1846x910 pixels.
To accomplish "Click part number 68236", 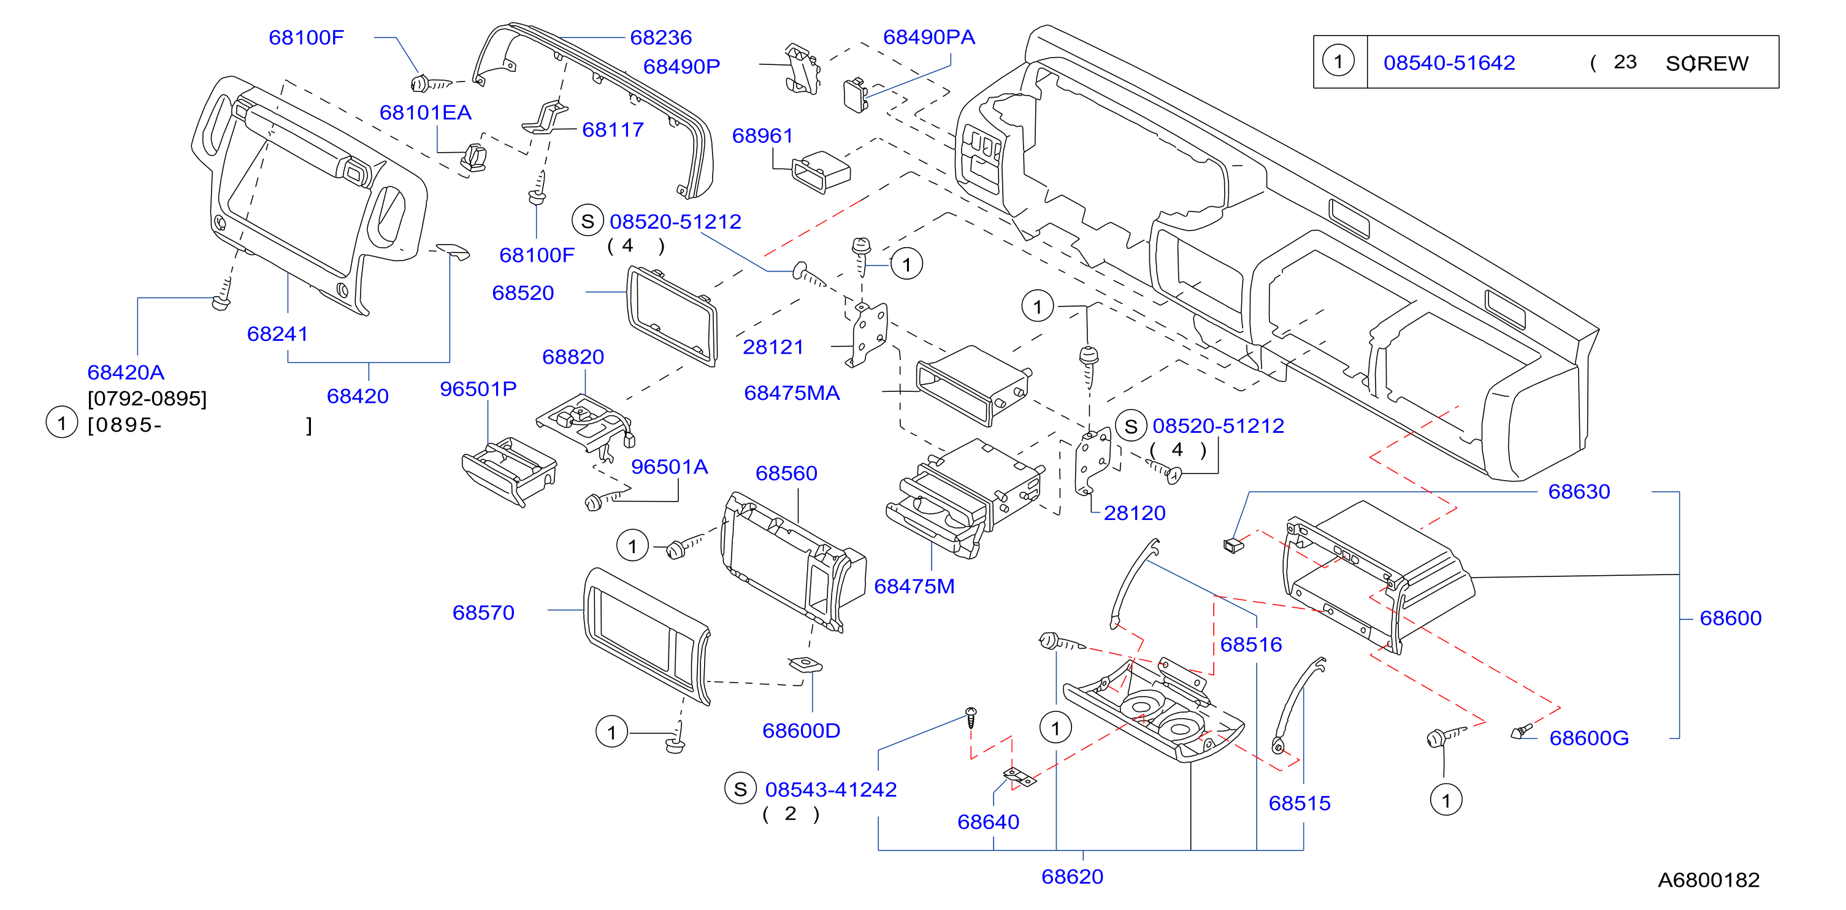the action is [661, 37].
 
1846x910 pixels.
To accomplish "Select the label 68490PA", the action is [929, 37].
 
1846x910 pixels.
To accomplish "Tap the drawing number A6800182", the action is [1709, 879].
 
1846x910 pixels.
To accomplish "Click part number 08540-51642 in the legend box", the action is [1449, 63].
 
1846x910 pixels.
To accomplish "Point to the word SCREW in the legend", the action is [1707, 63].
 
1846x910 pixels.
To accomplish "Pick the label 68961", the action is [762, 136].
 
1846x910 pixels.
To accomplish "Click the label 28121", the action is [773, 347].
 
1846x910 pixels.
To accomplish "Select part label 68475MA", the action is [792, 392].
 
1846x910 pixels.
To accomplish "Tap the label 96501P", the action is [478, 388].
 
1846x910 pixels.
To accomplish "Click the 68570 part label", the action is [483, 613].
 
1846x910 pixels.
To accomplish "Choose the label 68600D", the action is [801, 730].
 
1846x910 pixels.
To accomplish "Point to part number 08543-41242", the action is [830, 789].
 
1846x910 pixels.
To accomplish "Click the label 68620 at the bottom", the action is [1072, 876].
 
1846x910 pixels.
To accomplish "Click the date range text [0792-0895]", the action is [147, 399].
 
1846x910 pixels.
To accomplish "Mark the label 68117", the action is [613, 129].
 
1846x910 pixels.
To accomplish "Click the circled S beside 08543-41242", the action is [740, 789].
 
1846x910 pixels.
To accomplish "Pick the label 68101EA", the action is [425, 112].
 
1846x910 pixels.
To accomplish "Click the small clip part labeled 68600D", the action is [805, 664].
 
